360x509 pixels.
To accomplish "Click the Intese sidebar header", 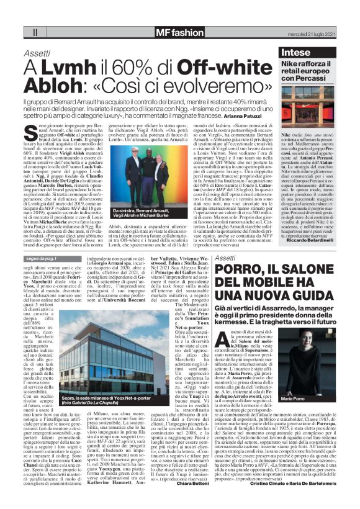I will [296, 53].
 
